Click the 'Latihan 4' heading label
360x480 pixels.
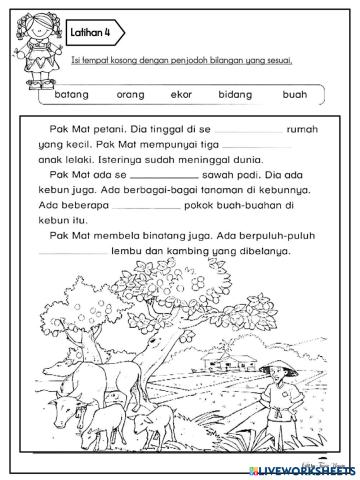[x=92, y=33]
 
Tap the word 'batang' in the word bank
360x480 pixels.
[x=72, y=95]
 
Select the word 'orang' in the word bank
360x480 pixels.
[x=131, y=95]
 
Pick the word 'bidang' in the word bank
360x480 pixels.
[x=236, y=95]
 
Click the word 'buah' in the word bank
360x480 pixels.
[x=294, y=95]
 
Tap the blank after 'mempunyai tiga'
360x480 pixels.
[x=257, y=146]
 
